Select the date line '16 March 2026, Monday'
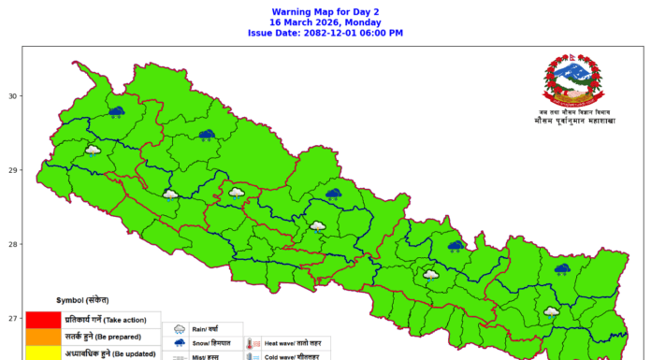[x=325, y=21]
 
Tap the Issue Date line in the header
[x=325, y=33]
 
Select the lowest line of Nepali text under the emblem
[x=574, y=122]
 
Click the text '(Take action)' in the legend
[x=132, y=321]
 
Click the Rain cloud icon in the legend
[x=178, y=329]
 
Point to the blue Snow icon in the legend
[x=178, y=344]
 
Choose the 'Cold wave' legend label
[x=285, y=356]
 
